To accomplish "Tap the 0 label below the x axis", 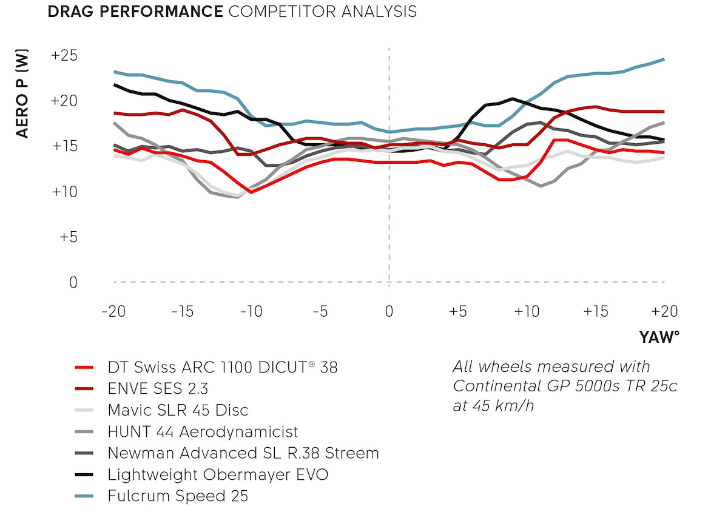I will pos(389,311).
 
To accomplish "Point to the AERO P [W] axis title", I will pos(22,95).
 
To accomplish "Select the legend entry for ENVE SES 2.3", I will pos(161,388).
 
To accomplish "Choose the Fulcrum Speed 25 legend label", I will pos(178,495).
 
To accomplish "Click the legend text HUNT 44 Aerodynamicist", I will pos(203,431).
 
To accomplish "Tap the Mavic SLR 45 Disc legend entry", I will pos(178,410).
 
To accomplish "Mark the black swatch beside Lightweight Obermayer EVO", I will pos(84,474).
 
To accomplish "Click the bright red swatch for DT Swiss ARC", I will pos(84,367).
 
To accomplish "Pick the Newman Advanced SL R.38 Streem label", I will pos(243,453).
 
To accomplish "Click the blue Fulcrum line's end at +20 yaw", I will pos(664,59).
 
